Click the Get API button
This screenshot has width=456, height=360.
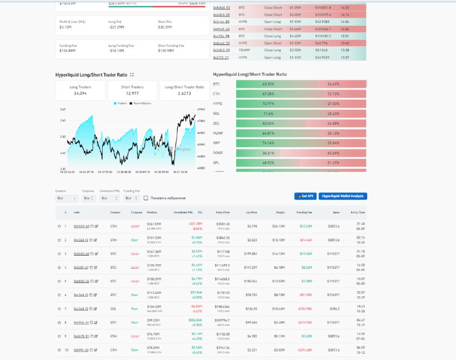click(305, 196)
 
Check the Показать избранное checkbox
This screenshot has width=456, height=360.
click(146, 198)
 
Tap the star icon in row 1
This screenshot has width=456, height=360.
click(59, 226)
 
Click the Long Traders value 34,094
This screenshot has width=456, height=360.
click(80, 93)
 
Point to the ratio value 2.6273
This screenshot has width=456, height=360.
click(184, 93)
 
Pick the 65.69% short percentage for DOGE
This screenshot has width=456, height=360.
click(333, 153)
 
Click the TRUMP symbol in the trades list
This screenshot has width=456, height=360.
click(244, 50)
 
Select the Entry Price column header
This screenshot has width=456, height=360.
click(222, 212)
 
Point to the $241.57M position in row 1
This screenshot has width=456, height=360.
click(154, 224)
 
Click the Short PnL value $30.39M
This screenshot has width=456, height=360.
click(166, 26)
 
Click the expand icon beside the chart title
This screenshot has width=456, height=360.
click(132, 75)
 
